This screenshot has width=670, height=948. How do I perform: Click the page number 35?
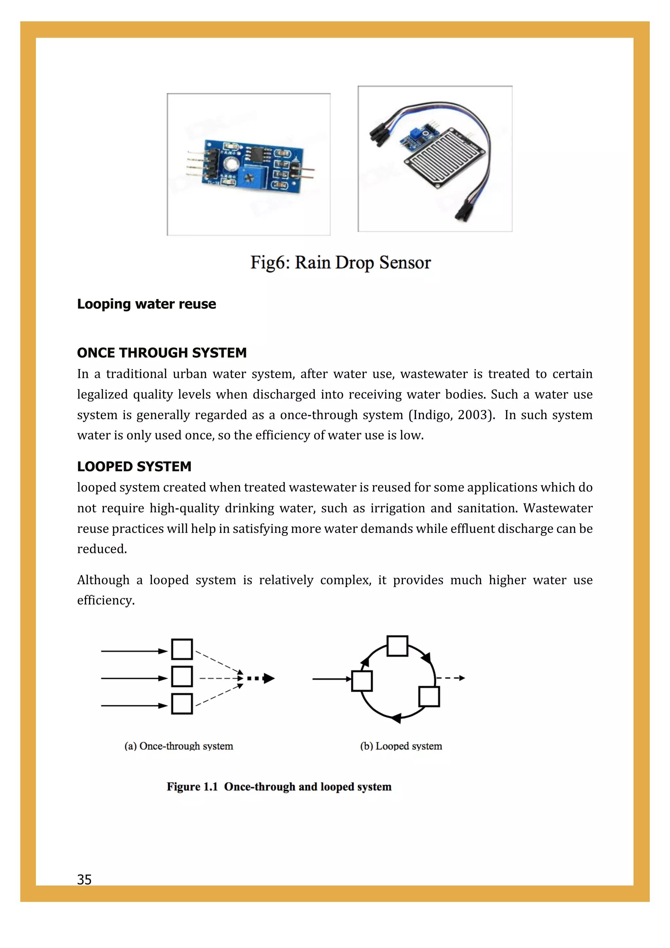[84, 879]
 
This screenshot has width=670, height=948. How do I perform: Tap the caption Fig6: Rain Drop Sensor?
[340, 263]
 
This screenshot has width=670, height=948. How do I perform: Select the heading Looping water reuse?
[147, 304]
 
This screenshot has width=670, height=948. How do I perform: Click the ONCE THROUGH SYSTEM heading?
[162, 353]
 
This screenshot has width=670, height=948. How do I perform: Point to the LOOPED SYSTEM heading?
[134, 466]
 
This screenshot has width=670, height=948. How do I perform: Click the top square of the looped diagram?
[397, 646]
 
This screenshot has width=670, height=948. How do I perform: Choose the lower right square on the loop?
[429, 696]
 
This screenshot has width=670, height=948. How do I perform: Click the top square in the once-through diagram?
[182, 649]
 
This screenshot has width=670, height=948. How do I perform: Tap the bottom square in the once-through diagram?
[182, 704]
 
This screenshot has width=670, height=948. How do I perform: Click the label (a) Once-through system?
[179, 746]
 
